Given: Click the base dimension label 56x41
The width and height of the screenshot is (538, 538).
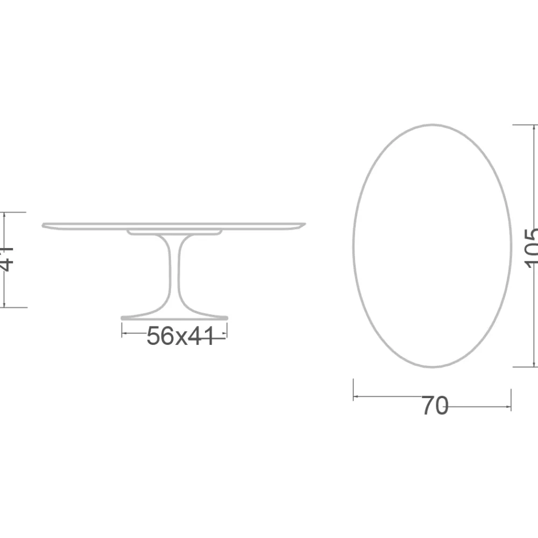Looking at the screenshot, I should [180, 337].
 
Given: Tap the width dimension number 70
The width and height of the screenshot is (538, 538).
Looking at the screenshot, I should [434, 406].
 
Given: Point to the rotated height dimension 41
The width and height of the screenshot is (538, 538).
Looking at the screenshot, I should [6, 259].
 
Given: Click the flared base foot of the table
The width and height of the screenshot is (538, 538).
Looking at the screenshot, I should [175, 316].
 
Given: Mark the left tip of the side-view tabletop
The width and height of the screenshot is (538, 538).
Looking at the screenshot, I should [43, 225].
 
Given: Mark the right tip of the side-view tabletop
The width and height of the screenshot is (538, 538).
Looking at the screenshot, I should [305, 224].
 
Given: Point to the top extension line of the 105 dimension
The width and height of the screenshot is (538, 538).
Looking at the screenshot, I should [525, 125].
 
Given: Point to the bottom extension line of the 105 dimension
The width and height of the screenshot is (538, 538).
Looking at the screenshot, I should [525, 367].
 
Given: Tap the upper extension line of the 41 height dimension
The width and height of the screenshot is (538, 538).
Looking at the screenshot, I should [13, 213].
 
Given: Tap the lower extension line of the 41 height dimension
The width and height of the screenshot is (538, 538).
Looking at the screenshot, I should [13, 308].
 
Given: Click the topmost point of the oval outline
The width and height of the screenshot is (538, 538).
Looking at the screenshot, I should [432, 125].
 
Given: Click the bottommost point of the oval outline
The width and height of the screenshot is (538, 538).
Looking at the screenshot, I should [432, 367].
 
